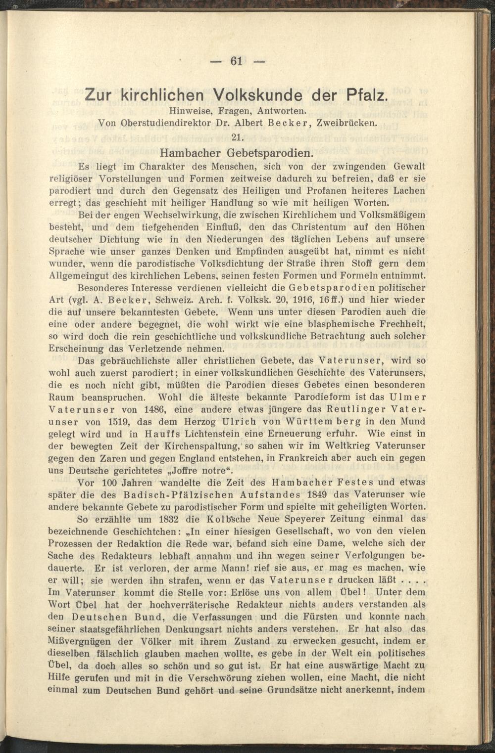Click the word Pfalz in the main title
[363, 94]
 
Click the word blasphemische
[346, 324]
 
